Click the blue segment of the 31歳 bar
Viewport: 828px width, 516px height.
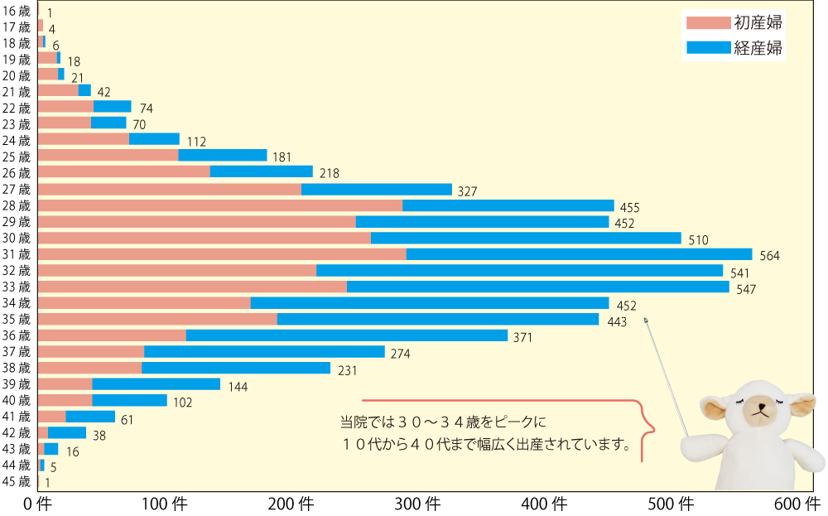[x=579, y=254]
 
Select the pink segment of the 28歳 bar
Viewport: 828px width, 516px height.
[x=220, y=205]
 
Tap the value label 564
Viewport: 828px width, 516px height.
[x=770, y=256]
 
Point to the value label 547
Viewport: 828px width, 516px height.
[x=747, y=288]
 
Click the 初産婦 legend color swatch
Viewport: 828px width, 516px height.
[x=705, y=22]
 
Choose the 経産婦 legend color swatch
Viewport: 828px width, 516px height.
[x=705, y=48]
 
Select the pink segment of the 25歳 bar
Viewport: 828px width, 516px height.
[x=108, y=156]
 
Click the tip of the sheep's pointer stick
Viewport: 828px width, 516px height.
[x=645, y=319]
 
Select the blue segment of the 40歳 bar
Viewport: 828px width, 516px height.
[x=129, y=401]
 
